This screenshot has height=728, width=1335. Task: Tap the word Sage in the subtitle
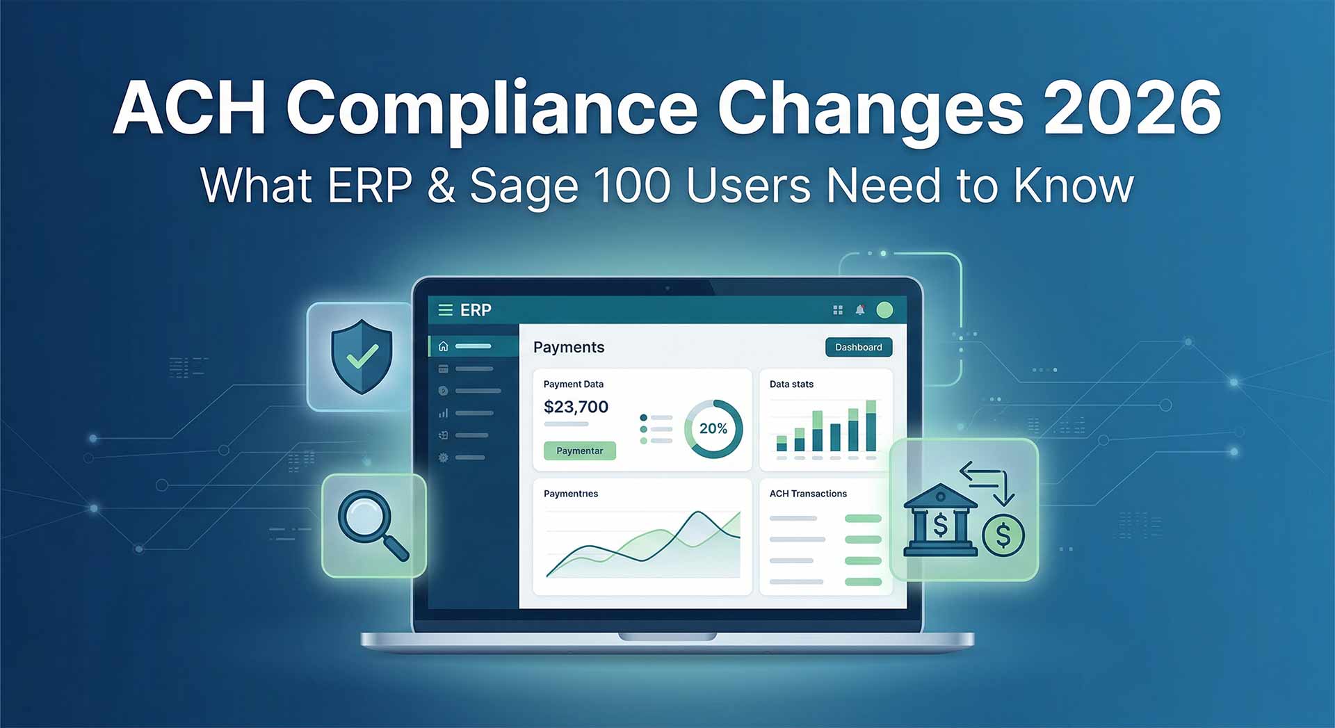pyautogui.click(x=523, y=186)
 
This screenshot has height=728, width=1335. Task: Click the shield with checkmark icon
pyautogui.click(x=362, y=356)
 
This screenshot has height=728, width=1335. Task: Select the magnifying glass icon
pyautogui.click(x=372, y=525)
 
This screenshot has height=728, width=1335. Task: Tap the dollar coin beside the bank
pyautogui.click(x=1003, y=535)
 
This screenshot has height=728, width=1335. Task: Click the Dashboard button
pyautogui.click(x=858, y=347)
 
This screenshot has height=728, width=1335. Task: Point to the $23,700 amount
pyautogui.click(x=576, y=407)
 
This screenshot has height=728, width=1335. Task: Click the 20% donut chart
pyautogui.click(x=713, y=428)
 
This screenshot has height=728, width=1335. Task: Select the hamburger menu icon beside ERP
pyautogui.click(x=445, y=310)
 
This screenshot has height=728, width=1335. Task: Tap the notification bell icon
pyautogui.click(x=860, y=310)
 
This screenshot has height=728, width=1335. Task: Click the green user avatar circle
pyautogui.click(x=884, y=310)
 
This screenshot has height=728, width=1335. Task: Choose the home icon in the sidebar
pyautogui.click(x=443, y=346)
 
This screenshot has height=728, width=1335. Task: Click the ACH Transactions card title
pyautogui.click(x=808, y=494)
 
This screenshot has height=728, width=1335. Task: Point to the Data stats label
pyautogui.click(x=791, y=384)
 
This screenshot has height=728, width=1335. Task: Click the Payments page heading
pyautogui.click(x=569, y=347)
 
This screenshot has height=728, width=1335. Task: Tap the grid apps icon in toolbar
pyautogui.click(x=838, y=310)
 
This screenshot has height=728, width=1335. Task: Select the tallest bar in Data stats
pyautogui.click(x=871, y=426)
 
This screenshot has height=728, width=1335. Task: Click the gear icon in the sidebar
pyautogui.click(x=443, y=458)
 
